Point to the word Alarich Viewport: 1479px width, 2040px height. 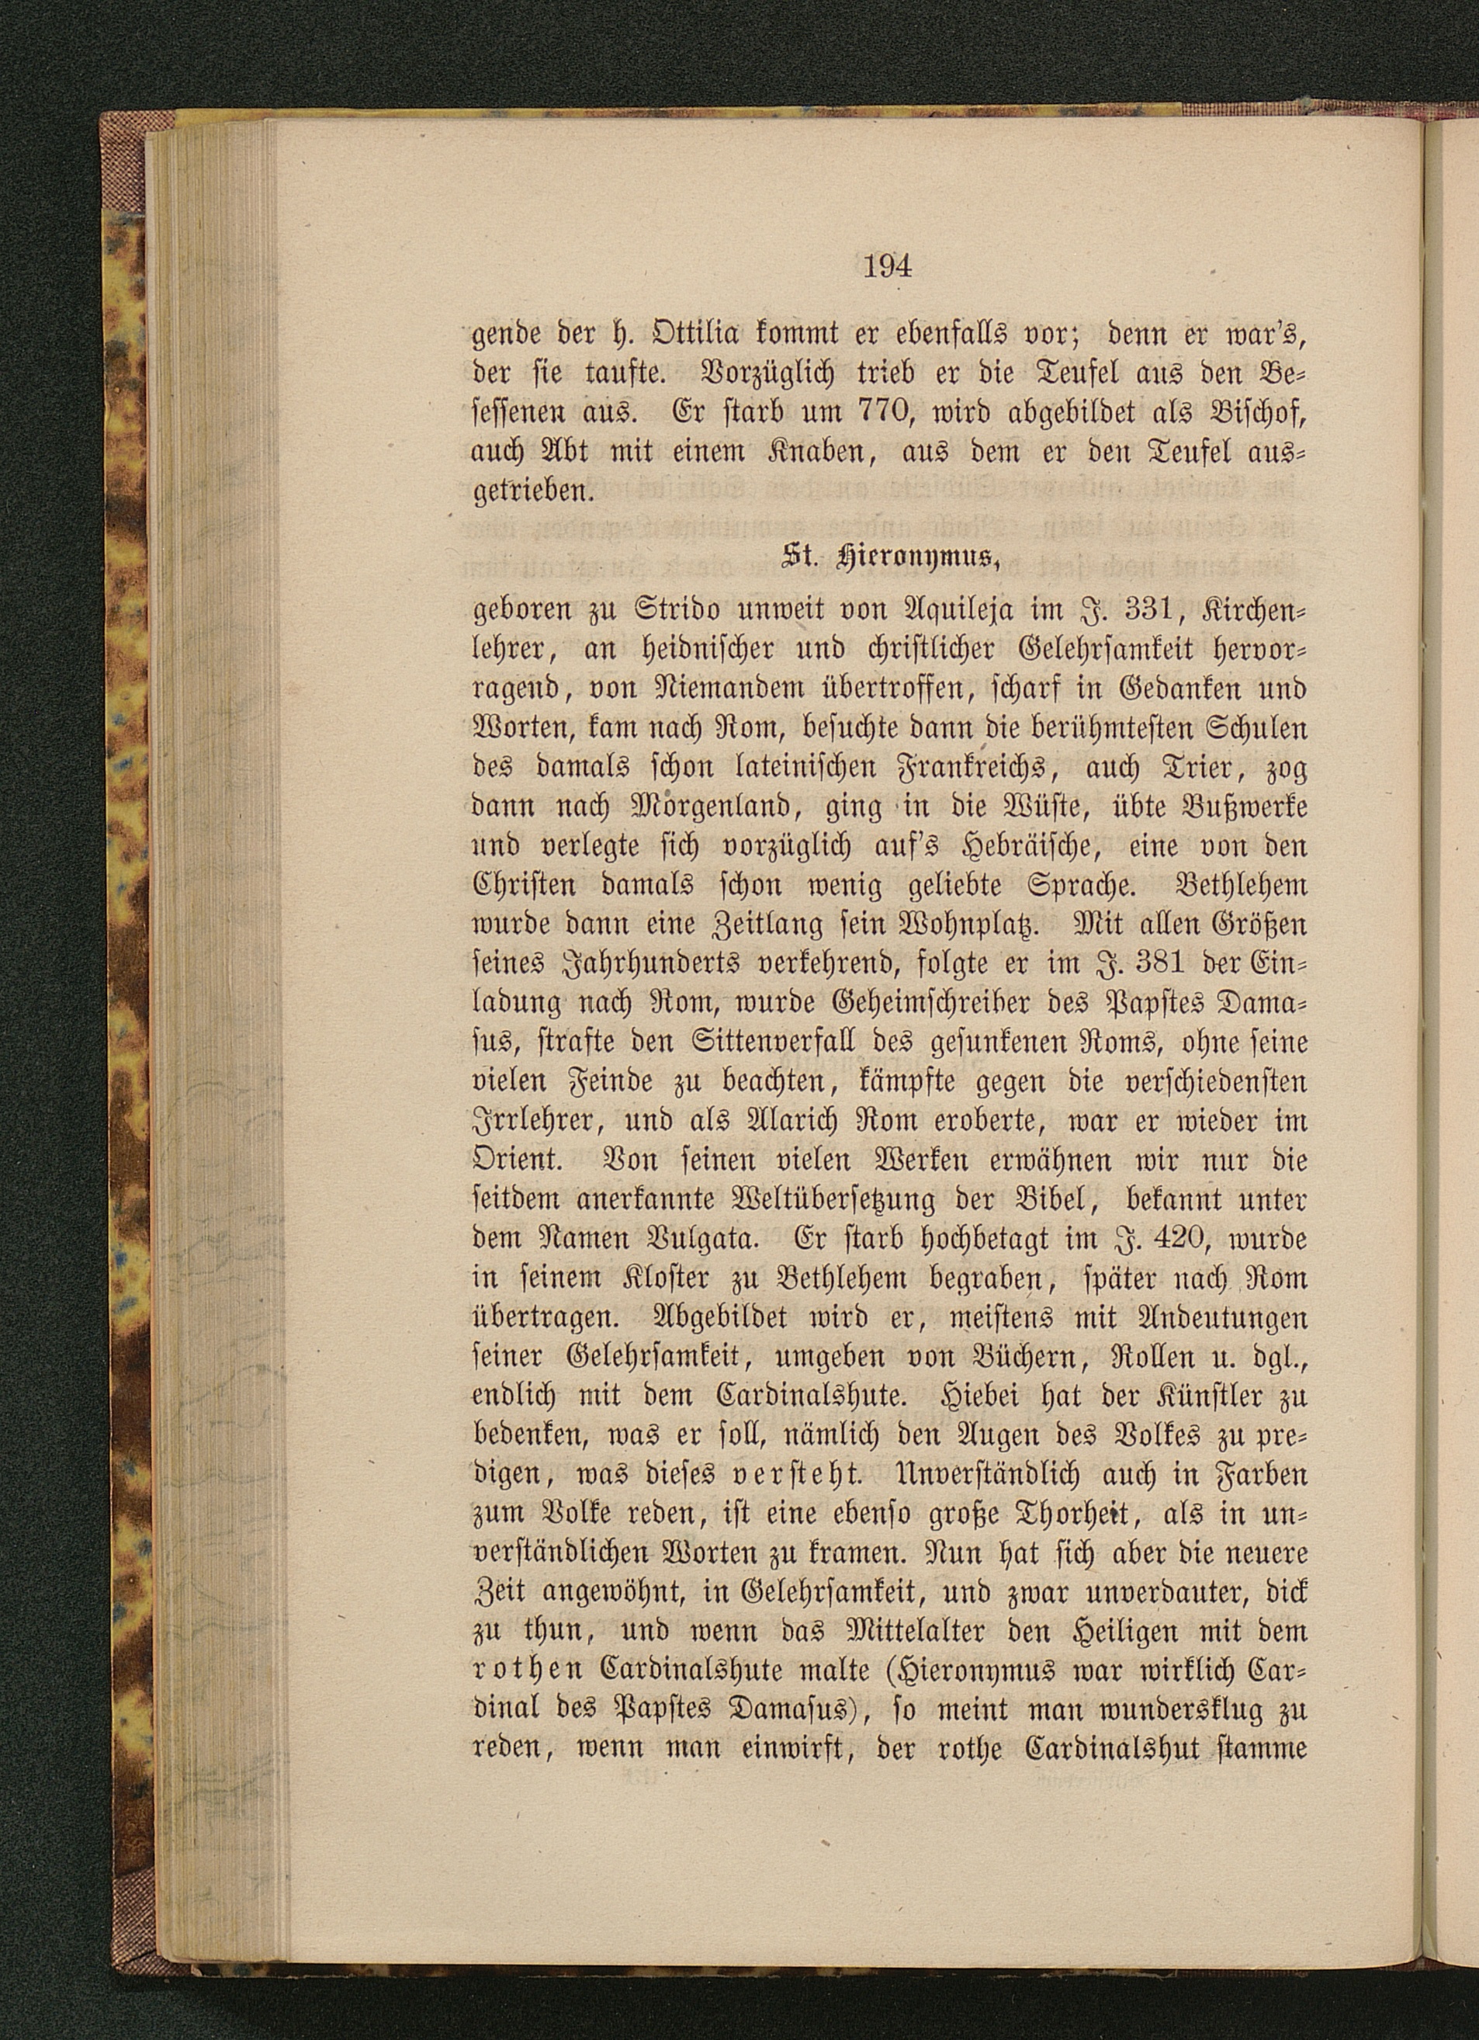point(809,1122)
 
